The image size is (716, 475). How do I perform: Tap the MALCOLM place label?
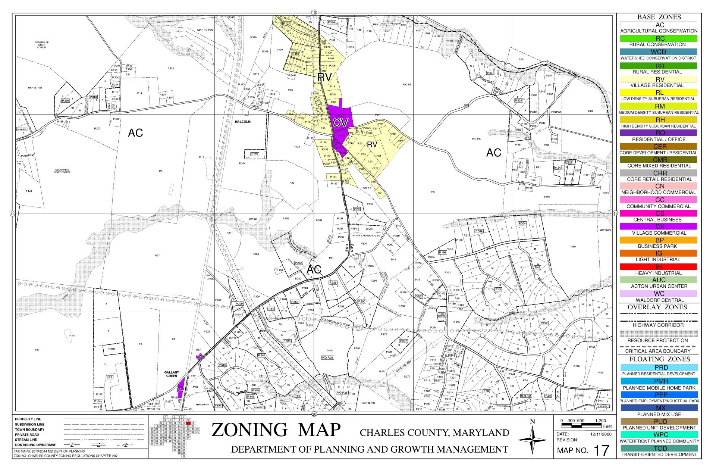point(242,122)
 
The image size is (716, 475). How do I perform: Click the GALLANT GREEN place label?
point(172,374)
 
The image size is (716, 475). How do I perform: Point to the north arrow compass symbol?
point(533,441)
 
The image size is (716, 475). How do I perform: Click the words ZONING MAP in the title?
point(276,430)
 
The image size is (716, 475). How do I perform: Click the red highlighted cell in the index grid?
point(189,423)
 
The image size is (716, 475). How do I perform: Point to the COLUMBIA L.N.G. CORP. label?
point(335,321)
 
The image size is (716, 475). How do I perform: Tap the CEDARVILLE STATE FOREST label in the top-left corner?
point(42,45)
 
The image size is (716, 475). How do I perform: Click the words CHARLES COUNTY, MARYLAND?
point(434,432)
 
